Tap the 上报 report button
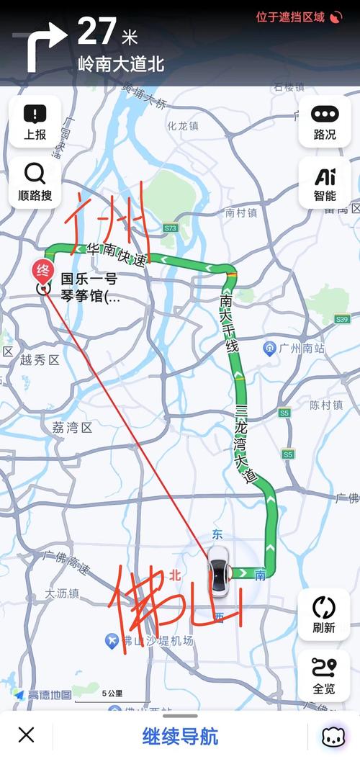pos(35,122)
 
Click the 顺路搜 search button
pos(35,182)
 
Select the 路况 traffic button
pos(325,122)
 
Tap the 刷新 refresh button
pos(324,614)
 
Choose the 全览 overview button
pos(324,675)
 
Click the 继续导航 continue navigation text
pos(180,737)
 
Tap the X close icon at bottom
pos(26,735)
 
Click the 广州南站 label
pos(300,349)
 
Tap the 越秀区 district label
pos(40,360)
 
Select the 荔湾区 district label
pos(72,428)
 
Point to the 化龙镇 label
pos(183,125)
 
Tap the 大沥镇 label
pos(62,593)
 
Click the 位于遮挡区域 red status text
pos(290,17)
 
